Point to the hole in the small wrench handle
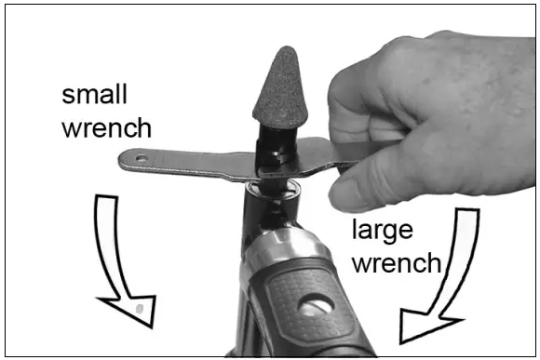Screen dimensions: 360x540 [142, 159]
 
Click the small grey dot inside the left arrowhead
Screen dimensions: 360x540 [138, 307]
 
